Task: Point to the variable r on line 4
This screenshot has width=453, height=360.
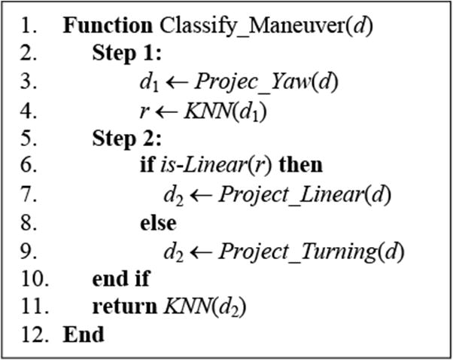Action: click(143, 111)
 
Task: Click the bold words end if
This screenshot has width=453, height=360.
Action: click(120, 279)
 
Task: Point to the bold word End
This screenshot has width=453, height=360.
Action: click(84, 334)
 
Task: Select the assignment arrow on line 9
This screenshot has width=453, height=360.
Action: click(202, 251)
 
